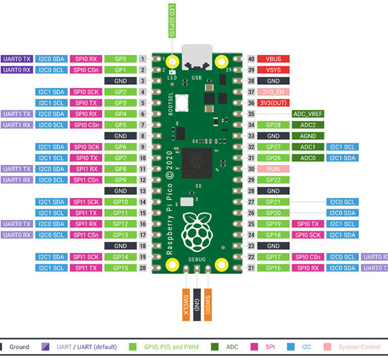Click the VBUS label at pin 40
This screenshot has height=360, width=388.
click(273, 59)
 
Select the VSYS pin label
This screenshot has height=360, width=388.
click(273, 70)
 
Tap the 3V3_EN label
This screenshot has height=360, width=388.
click(273, 92)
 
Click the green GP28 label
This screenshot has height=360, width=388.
click(273, 125)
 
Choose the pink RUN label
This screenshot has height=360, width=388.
click(273, 169)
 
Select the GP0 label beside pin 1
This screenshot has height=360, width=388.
click(120, 59)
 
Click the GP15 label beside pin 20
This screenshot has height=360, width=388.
click(120, 268)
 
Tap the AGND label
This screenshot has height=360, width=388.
click(308, 136)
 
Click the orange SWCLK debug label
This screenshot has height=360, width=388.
click(185, 302)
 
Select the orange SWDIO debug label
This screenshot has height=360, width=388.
click(208, 302)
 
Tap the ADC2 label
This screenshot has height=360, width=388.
click(308, 125)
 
